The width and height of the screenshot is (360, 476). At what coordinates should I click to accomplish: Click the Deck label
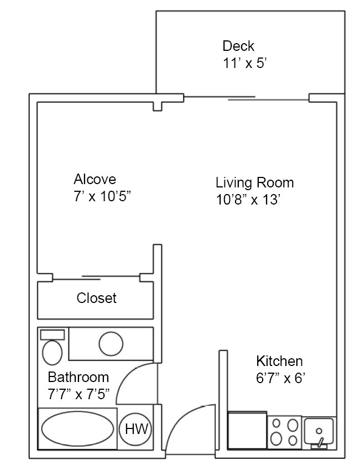tap(238, 46)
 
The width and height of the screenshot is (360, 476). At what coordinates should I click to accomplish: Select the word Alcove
tap(95, 179)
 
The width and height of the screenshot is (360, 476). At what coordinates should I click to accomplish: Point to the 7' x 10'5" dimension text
tap(102, 196)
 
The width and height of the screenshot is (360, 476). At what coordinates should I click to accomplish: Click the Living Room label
tap(254, 182)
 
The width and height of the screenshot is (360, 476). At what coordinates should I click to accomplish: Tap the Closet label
tap(97, 298)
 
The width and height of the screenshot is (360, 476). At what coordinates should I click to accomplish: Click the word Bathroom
tap(78, 378)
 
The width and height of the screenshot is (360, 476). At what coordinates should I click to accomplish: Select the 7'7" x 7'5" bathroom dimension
tap(79, 394)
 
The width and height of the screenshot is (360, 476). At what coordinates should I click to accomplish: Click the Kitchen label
tap(279, 362)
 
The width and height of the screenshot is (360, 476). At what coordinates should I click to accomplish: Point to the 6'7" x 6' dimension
tap(281, 379)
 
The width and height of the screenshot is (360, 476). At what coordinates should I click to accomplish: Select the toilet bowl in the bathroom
tap(53, 352)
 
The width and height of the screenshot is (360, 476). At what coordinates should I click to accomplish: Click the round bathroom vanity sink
tap(111, 343)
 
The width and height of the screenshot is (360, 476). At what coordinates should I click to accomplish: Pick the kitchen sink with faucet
tap(319, 431)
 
